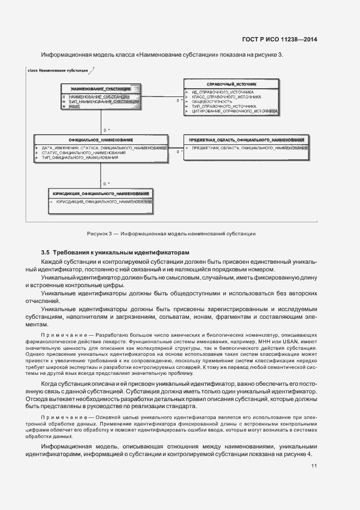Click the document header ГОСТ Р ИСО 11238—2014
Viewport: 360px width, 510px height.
[x=279, y=39]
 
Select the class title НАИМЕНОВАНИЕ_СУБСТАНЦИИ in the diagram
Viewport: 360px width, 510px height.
[x=101, y=88]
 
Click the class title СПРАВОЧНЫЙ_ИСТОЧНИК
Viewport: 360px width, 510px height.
[x=231, y=84]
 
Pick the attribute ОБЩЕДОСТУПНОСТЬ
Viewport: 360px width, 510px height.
[x=212, y=101]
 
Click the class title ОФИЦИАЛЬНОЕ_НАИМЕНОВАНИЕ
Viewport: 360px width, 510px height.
[x=101, y=140]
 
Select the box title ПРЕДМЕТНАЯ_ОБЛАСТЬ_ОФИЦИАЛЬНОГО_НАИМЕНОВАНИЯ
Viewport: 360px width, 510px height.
[x=246, y=140]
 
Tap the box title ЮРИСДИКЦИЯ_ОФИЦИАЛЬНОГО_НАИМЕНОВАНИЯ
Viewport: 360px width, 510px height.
[x=101, y=193]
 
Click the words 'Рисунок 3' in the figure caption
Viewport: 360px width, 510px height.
[x=99, y=234]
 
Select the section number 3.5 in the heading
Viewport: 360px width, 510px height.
[x=45, y=253]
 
